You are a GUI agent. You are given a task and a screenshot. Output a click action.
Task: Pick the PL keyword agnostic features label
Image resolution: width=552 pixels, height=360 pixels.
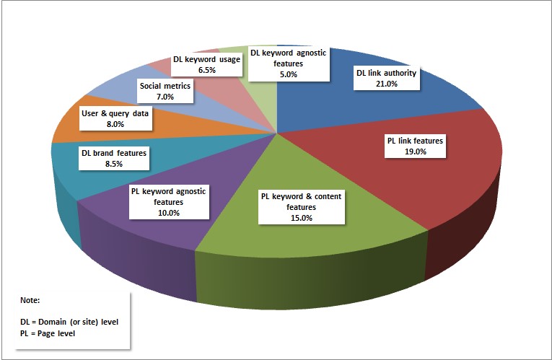coord(169,202)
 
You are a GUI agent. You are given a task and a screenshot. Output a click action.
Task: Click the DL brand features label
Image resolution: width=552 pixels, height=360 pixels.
coord(114,158)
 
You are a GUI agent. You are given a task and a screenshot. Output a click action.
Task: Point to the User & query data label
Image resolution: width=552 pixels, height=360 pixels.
coord(115,118)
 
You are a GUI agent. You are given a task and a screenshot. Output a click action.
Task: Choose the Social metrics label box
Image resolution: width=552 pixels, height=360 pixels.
coord(165,91)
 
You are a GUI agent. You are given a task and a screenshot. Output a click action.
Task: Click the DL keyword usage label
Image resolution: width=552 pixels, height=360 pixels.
coord(207,64)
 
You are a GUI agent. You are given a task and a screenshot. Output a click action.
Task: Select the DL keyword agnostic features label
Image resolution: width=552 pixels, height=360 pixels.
coord(288,63)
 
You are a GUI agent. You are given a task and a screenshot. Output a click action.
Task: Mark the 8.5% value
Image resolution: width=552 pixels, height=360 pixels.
coord(114,164)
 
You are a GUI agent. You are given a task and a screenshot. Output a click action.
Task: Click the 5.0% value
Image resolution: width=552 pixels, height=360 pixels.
coord(288,74)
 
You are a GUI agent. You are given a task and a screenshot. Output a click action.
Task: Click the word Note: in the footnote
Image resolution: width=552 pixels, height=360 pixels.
coord(30,299)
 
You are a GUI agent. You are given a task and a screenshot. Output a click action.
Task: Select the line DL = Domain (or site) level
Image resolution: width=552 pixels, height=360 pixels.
coord(69,322)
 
